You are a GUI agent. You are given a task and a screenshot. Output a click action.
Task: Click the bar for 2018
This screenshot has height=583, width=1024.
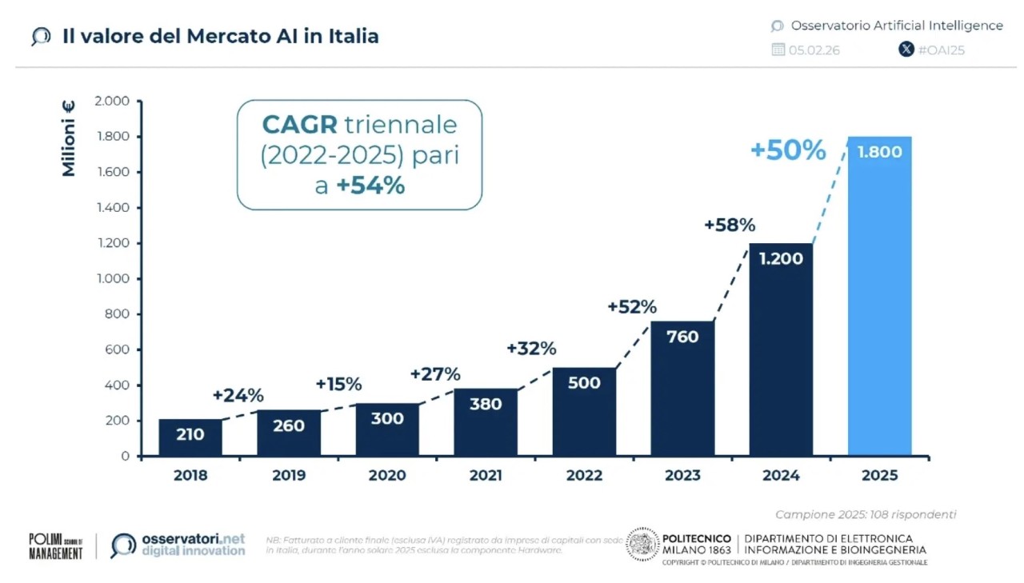(190, 438)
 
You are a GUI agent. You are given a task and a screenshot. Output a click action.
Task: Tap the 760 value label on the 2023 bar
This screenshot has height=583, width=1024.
(682, 337)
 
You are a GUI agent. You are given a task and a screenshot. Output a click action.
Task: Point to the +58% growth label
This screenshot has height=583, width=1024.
(730, 226)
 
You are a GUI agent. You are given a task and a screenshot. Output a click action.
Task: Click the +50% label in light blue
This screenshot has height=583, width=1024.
(788, 150)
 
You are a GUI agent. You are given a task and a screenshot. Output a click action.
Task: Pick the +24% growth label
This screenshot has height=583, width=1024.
(238, 395)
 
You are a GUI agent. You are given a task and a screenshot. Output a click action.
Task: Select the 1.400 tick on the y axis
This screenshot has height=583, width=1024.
(113, 208)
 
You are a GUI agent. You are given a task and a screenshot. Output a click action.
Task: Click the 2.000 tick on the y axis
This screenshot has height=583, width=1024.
(113, 102)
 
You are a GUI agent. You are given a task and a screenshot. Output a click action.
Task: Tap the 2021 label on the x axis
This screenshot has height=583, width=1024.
(486, 475)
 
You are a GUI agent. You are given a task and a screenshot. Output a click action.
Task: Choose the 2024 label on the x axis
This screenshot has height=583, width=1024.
(781, 475)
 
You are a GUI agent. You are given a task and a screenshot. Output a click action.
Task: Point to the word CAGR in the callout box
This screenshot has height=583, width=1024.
(300, 125)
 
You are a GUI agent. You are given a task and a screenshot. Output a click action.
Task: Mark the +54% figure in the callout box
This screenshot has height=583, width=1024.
(370, 186)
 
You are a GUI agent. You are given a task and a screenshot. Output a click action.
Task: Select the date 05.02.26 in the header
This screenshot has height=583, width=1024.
(814, 50)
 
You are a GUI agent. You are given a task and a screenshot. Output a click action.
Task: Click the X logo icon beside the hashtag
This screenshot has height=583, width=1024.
(906, 50)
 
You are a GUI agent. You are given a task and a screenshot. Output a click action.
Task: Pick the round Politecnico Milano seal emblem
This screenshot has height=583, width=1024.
(642, 544)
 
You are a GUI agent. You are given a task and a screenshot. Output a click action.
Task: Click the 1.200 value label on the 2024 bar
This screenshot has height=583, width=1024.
(781, 259)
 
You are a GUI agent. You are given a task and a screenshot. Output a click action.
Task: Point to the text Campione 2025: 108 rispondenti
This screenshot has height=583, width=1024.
(866, 514)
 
